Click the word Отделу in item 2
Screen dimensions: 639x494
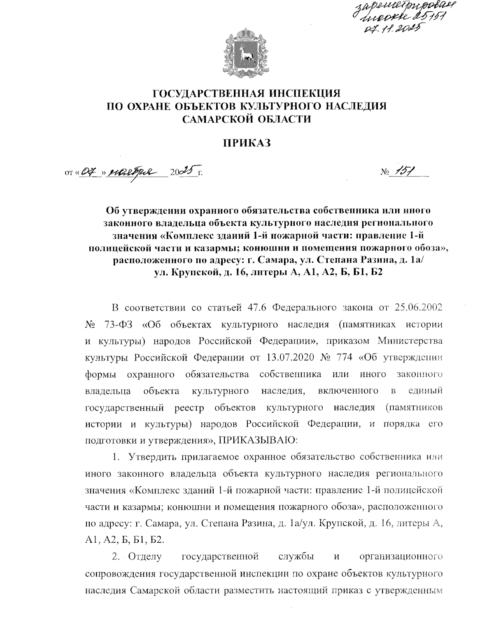point(145,557)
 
